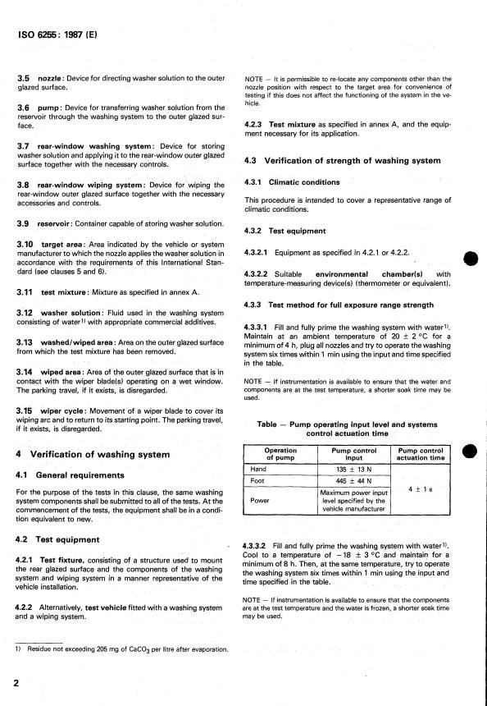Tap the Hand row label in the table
260,469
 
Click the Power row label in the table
262,499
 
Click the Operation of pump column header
280,454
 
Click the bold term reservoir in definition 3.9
58,224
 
